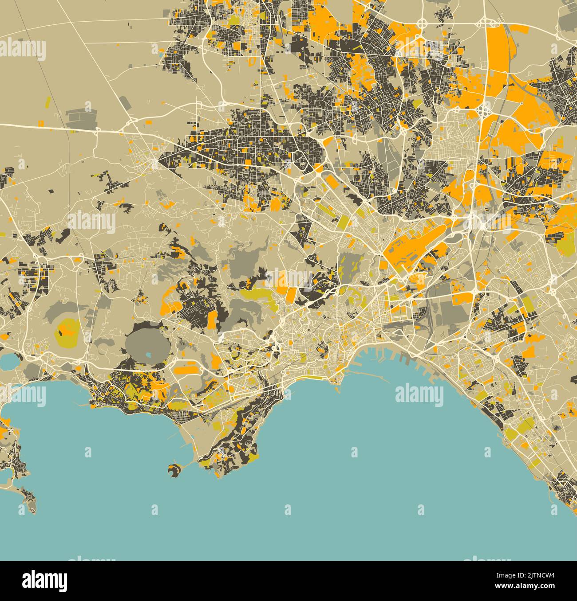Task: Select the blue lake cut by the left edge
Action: [8, 362]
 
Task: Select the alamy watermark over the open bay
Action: [419, 395]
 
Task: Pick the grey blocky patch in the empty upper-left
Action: [81, 116]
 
